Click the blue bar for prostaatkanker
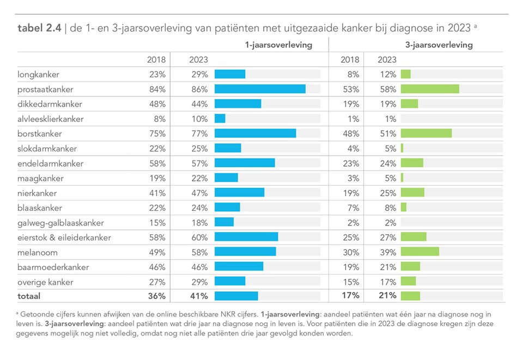[259, 89]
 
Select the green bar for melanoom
[420, 252]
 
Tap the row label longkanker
[39, 75]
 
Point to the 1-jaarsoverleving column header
[278, 45]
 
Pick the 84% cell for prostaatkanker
[157, 89]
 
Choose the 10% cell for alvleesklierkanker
[199, 119]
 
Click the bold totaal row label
[29, 296]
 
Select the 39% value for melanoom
[387, 252]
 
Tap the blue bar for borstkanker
[255, 133]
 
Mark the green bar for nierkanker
[412, 193]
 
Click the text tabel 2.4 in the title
[39, 28]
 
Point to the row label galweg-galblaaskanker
[60, 223]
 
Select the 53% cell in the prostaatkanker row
[350, 89]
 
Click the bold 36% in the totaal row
[156, 296]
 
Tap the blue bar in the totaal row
[236, 296]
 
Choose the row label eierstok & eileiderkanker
[64, 237]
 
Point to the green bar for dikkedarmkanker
[409, 104]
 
